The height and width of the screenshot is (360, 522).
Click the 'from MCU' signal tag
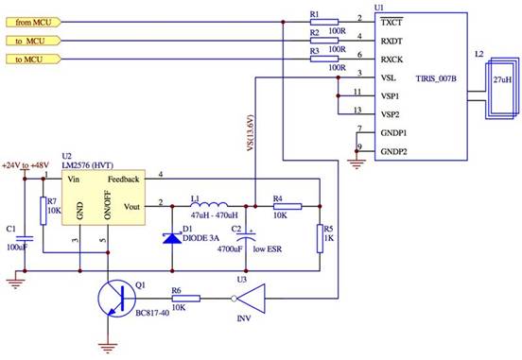click(36, 20)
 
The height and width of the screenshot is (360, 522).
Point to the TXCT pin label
click(395, 20)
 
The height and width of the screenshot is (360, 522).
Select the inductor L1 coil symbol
click(209, 204)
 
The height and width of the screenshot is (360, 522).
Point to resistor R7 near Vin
click(43, 212)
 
